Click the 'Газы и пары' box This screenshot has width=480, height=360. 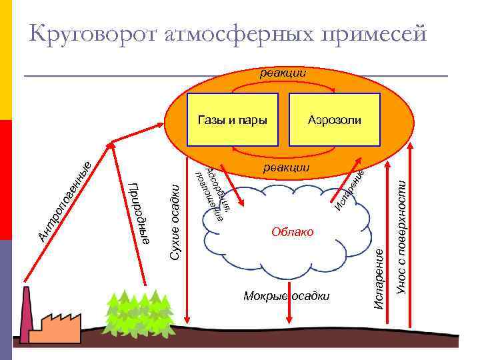232,120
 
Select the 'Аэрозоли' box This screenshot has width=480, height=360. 335,120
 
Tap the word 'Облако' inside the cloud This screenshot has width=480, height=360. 292,231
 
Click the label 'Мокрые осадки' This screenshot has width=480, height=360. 287,296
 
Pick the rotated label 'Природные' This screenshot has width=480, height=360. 138,213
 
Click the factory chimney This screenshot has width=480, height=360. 29,313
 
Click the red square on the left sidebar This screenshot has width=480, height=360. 5,180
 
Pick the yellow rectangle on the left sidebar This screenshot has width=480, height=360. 5,60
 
